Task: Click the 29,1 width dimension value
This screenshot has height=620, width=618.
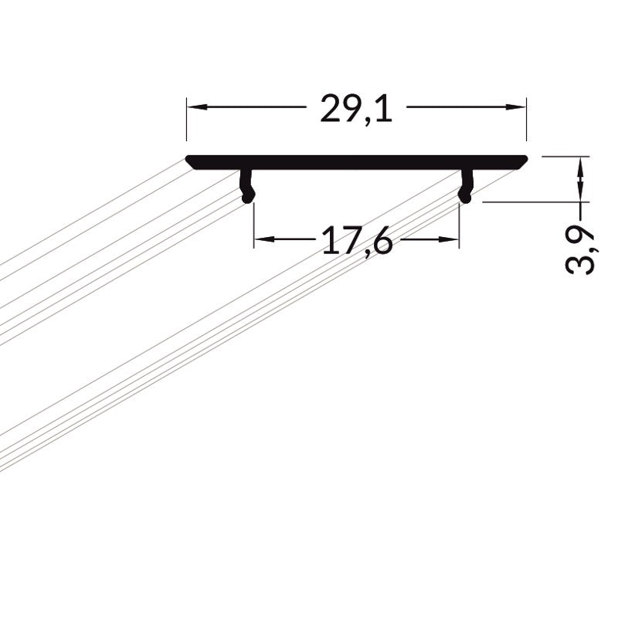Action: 356,109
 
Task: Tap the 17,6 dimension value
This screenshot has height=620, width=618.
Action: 357,240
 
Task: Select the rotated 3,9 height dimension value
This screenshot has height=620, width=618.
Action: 580,250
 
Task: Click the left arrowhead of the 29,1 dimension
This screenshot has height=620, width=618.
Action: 197,107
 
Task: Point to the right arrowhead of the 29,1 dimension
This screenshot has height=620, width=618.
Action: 516,107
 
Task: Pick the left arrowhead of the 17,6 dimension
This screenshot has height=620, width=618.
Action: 264,239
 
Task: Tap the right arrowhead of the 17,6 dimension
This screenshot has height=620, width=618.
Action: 449,239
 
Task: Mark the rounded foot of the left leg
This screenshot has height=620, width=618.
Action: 248,197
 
